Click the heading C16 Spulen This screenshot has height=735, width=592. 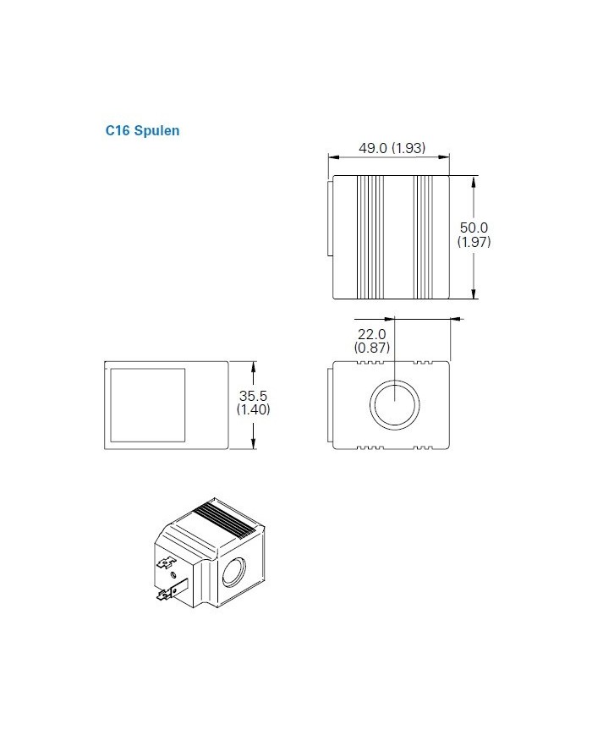point(142,131)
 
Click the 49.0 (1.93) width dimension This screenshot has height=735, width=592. point(392,148)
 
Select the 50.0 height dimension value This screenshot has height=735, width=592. point(474,228)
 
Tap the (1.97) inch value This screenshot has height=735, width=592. point(474,242)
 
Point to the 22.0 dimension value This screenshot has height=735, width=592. point(370,333)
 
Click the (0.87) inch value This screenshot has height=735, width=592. point(370,347)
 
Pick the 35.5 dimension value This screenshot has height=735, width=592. point(255,396)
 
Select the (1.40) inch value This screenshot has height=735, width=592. point(255,410)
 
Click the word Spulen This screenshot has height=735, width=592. point(157,131)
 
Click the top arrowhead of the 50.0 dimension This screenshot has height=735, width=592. point(474,179)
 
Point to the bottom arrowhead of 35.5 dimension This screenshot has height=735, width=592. point(255,447)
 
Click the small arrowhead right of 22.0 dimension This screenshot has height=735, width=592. point(458,320)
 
